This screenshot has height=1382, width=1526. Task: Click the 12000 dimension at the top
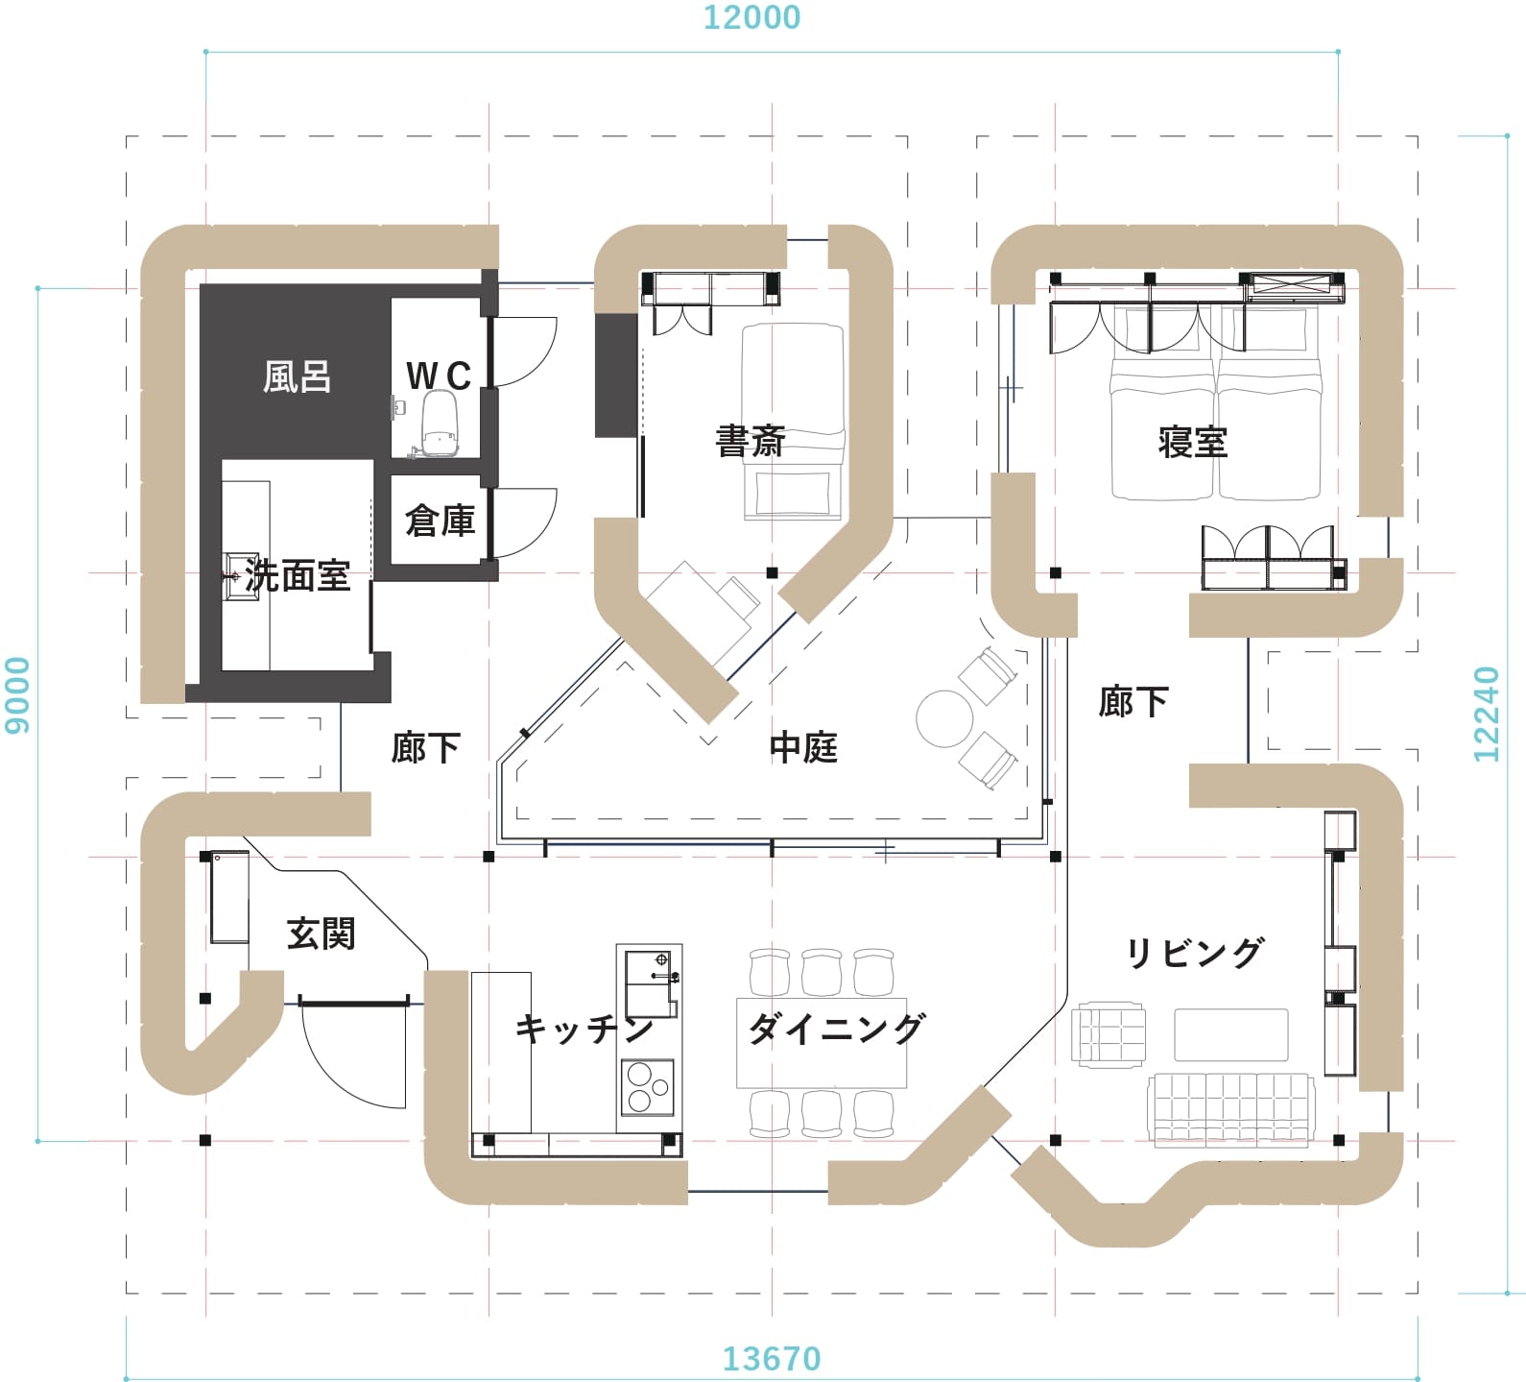[751, 17]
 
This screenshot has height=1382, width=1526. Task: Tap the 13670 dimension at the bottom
[772, 1359]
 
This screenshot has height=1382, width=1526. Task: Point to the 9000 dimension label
[18, 695]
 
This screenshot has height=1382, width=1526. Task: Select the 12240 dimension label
[1486, 714]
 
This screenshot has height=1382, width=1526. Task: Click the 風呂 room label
[298, 376]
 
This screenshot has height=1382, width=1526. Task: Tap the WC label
[439, 376]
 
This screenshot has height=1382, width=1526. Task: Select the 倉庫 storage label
[441, 521]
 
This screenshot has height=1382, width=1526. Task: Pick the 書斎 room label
[751, 441]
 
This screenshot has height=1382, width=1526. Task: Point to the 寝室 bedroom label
[1193, 442]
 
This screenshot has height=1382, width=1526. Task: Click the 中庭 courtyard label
[804, 747]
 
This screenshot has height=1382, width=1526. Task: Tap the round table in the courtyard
[945, 718]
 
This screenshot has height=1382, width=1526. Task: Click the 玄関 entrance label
[322, 933]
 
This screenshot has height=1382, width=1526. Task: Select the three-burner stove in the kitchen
[648, 1087]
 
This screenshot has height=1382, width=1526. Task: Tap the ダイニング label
[837, 1029]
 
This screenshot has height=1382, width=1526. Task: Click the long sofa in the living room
[1231, 1110]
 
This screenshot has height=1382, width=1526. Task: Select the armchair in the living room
[1109, 1035]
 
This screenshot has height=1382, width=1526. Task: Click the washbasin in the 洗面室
[241, 576]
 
